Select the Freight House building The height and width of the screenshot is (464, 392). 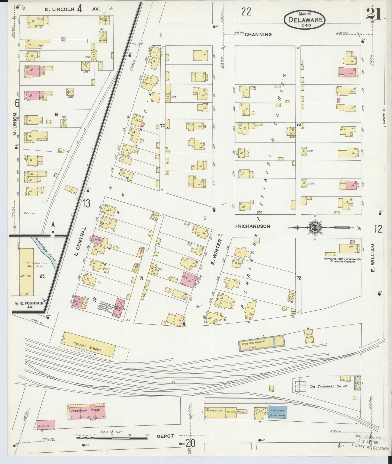click(x=89, y=345)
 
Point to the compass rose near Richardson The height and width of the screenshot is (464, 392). click(x=314, y=227)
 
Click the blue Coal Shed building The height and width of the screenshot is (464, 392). click(x=278, y=412)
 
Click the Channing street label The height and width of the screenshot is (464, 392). click(x=258, y=34)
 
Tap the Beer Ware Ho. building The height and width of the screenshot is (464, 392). click(x=309, y=337)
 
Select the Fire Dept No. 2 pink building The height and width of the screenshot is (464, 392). click(x=119, y=307)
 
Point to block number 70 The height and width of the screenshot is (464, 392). click(x=162, y=126)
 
